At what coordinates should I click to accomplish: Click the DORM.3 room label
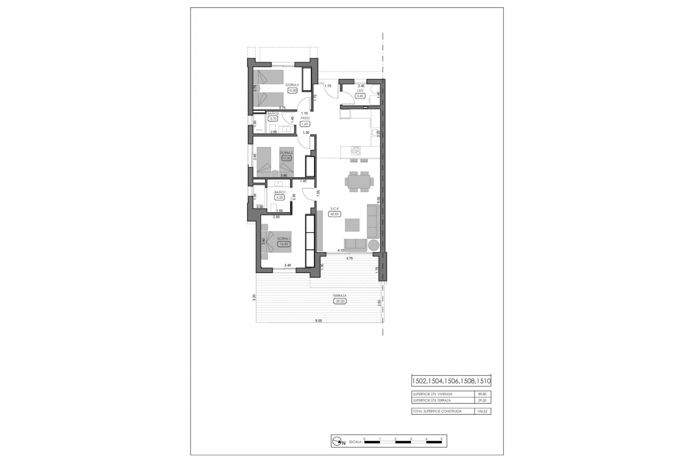point(292,85)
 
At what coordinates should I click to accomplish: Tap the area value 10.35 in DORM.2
point(286,158)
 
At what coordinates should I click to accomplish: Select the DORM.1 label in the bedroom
point(283,239)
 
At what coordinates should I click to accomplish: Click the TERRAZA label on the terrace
point(340,296)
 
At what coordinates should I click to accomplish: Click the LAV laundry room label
point(360,91)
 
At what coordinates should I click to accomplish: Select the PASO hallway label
point(305,118)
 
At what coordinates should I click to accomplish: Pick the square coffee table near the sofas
point(352,225)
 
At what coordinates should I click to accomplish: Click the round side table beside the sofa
point(373,245)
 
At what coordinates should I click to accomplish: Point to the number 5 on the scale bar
point(441,439)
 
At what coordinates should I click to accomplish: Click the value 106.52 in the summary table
point(483,411)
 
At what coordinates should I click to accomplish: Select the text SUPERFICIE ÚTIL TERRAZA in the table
point(431,400)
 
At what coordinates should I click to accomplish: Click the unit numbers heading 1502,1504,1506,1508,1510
point(451,381)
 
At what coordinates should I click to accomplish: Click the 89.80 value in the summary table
point(483,394)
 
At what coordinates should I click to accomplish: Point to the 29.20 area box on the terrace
point(340,301)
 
